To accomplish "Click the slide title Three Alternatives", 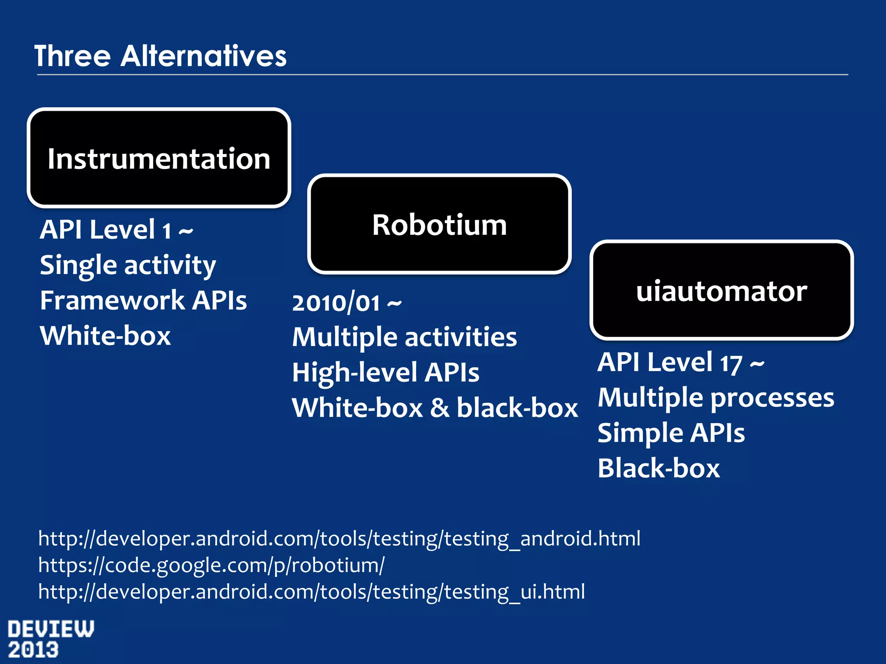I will [160, 56].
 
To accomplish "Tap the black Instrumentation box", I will [159, 158].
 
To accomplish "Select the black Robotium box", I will [439, 224].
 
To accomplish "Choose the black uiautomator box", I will [721, 290].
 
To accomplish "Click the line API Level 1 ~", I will [116, 230].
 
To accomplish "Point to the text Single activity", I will [128, 265].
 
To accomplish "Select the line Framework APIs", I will [143, 300].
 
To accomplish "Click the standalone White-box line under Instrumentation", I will [105, 336].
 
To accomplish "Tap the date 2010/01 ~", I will [347, 303].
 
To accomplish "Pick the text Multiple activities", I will [404, 337].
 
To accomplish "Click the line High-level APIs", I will [385, 373].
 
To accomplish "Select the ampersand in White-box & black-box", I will [440, 408].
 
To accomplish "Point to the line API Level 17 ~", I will [681, 362].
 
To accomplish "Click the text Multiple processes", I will [716, 398].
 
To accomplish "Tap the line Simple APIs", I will [671, 433].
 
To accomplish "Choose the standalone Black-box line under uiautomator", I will [658, 469].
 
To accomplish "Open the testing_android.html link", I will [339, 539].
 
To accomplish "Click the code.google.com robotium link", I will [211, 565].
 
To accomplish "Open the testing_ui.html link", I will [311, 591].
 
